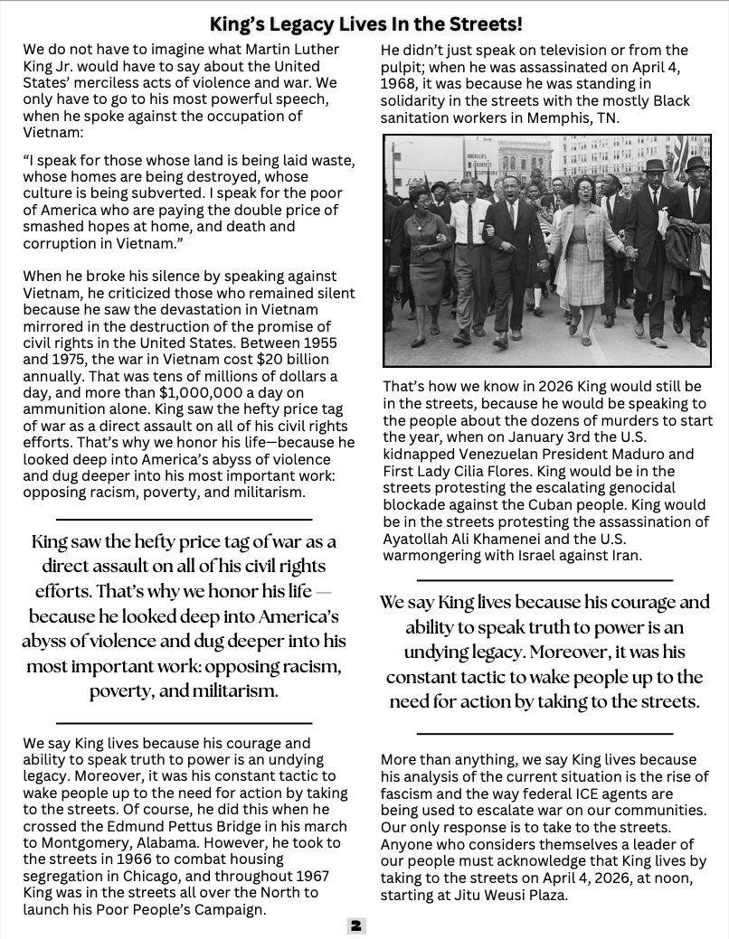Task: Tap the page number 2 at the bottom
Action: coord(356,925)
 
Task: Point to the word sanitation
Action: coord(417,117)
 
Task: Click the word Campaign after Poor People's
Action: coord(229,909)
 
